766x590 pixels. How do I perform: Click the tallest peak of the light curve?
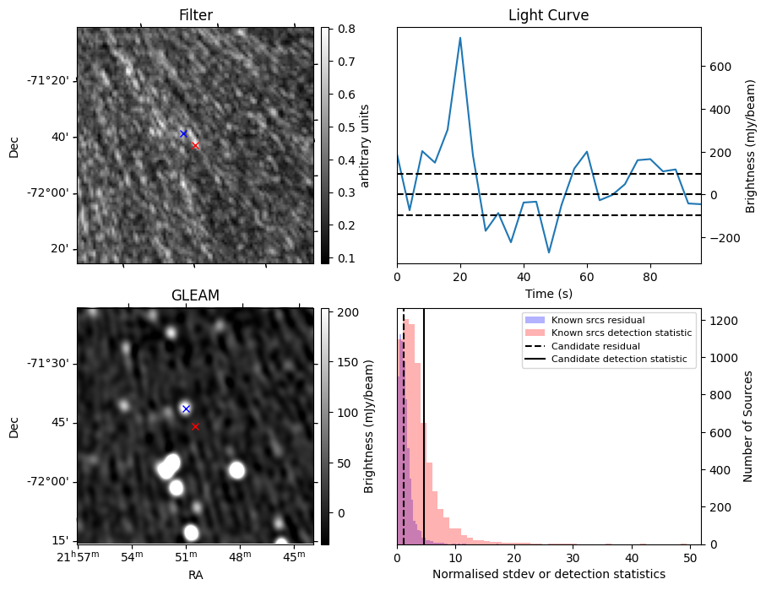[x=460, y=38]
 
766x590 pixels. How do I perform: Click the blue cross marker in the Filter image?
[x=183, y=133]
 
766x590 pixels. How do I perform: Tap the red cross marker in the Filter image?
[x=195, y=145]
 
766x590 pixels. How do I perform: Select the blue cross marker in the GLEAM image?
[x=186, y=409]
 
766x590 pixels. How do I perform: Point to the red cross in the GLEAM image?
[x=195, y=426]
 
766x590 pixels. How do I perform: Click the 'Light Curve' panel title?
[x=548, y=15]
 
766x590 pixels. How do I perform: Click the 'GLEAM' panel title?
[x=195, y=295]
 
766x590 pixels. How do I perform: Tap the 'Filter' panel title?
[x=195, y=15]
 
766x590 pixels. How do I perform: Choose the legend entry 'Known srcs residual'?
[x=597, y=320]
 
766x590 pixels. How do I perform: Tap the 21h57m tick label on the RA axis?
[x=78, y=556]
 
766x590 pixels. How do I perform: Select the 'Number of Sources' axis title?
[x=748, y=426]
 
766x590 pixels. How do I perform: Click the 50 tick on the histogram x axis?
[x=690, y=557]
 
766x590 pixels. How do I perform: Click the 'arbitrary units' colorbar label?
[x=365, y=145]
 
